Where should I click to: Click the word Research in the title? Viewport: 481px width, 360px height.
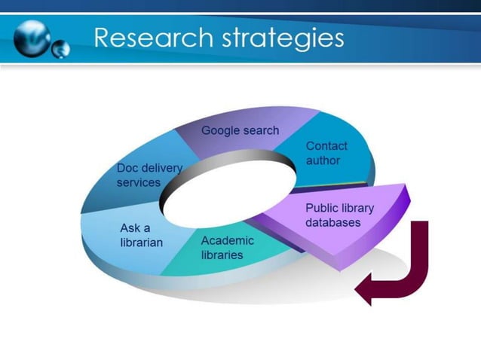pos(150,38)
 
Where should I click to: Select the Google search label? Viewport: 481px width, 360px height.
pos(240,130)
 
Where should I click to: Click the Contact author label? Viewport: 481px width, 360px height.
pos(323,153)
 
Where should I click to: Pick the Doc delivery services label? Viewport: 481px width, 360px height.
pos(149,175)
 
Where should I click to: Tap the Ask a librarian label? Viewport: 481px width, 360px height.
pos(141,235)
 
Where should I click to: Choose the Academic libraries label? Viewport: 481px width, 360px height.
pos(227,248)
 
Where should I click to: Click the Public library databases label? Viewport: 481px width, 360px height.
pos(339,215)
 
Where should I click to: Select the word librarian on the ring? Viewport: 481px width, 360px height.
pos(141,243)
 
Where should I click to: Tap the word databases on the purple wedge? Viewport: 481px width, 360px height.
pos(332,223)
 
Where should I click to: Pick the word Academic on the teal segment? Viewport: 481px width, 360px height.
pos(227,241)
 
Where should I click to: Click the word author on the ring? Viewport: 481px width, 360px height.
pos(323,160)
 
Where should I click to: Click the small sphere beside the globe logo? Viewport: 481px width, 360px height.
pos(61,49)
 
